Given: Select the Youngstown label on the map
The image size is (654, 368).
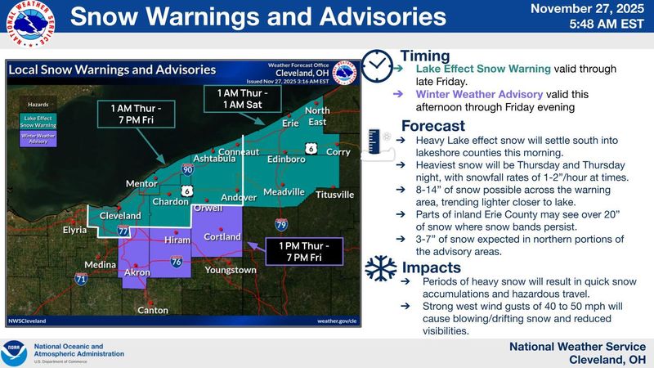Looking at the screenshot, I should click(x=230, y=270).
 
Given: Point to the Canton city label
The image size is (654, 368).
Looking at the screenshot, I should click(x=154, y=310).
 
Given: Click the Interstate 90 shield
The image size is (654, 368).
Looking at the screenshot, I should click(x=188, y=170).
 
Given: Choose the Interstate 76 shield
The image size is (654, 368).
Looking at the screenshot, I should click(x=177, y=262).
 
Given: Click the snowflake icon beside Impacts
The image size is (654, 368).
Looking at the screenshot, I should click(x=379, y=269).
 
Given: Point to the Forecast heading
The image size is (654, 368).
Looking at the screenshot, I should click(x=433, y=127).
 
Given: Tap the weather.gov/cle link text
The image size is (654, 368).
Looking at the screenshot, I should click(x=337, y=321).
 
